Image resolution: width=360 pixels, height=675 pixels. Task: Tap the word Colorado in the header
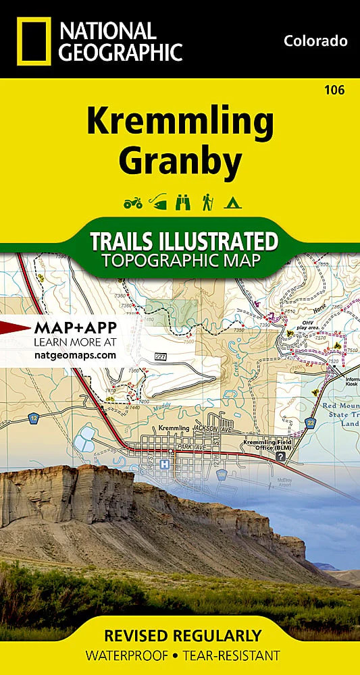coord(315,41)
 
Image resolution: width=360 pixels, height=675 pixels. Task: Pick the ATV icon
coord(133,201)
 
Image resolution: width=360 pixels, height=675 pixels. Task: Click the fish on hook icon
coord(157,201)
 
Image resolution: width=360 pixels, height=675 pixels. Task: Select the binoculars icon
coord(182,201)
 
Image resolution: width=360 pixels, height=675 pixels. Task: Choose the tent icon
coord(232,201)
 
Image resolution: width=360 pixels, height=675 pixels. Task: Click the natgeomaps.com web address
coord(75,354)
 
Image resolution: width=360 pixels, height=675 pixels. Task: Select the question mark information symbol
coord(280,457)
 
